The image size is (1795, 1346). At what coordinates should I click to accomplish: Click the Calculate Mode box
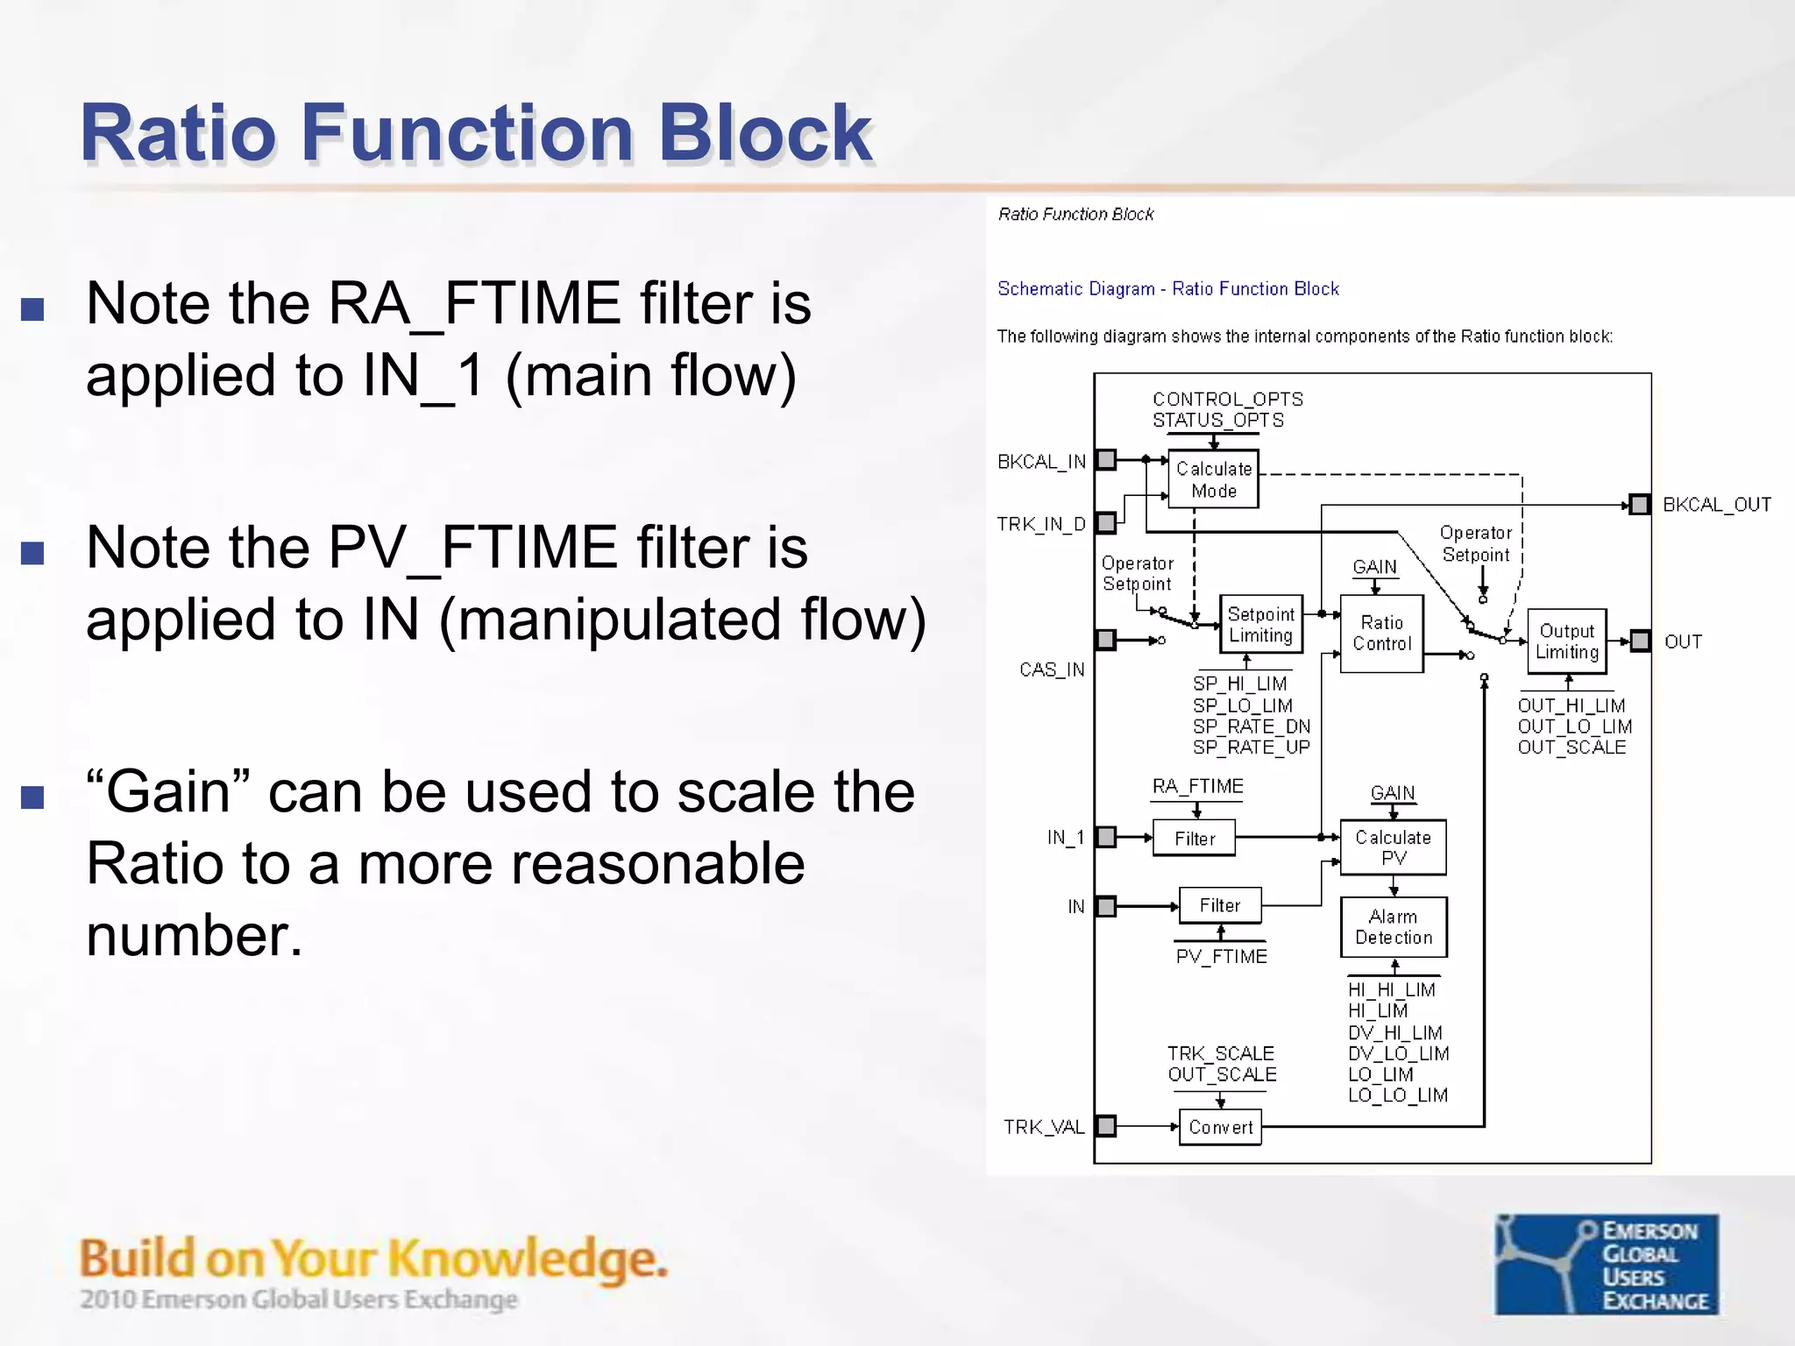[x=1213, y=479]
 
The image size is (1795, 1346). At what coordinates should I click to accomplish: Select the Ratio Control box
[x=1381, y=634]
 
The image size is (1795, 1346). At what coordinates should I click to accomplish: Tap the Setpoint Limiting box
[x=1260, y=624]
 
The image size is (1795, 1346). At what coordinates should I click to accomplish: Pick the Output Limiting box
[x=1566, y=641]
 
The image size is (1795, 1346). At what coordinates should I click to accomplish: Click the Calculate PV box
[x=1393, y=847]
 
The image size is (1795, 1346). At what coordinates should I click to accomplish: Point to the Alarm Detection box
[x=1393, y=927]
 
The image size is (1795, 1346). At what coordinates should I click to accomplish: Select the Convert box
[x=1220, y=1127]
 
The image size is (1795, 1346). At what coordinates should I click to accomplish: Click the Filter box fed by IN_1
[x=1194, y=839]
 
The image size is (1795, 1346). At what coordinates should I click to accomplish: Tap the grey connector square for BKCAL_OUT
[x=1639, y=505]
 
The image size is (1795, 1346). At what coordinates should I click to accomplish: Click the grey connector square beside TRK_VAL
[x=1106, y=1126]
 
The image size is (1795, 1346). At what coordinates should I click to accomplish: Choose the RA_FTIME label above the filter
[x=1197, y=786]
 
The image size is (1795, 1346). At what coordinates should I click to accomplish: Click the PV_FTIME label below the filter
[x=1221, y=956]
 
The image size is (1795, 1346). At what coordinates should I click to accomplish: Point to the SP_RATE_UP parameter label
[x=1251, y=747]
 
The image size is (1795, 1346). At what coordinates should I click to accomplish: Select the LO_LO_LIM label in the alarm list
[x=1397, y=1095]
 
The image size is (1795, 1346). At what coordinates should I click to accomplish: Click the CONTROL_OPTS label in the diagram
[x=1227, y=400]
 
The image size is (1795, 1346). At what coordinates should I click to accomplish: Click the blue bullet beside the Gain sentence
[x=32, y=797]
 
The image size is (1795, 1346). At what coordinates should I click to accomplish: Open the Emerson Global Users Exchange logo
[x=1606, y=1264]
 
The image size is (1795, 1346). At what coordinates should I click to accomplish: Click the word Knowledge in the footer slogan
[x=527, y=1259]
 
